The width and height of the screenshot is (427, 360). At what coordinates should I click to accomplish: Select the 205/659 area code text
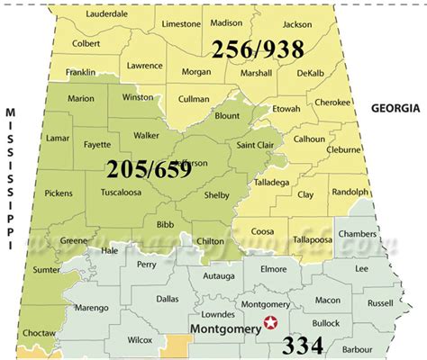tap(149, 168)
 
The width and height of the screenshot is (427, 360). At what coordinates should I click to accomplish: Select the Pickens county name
tap(58, 193)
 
